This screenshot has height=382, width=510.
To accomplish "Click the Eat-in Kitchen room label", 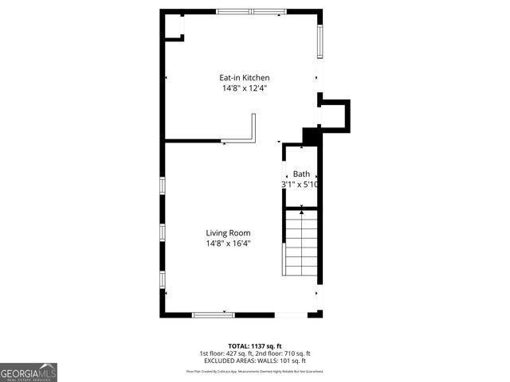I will (244, 78).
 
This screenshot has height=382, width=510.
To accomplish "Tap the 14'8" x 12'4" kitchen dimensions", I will (244, 88).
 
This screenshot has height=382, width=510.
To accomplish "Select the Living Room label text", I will (228, 233).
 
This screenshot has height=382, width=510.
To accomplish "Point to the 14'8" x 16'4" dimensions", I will (228, 244).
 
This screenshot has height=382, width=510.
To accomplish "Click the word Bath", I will (300, 173).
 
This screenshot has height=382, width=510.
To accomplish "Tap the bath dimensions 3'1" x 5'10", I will (300, 185).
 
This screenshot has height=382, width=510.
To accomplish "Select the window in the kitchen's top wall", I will (251, 12).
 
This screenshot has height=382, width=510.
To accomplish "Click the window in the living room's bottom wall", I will (214, 315).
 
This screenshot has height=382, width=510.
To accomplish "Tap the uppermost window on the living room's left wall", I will (163, 185).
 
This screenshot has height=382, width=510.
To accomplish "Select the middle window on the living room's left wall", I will (163, 232).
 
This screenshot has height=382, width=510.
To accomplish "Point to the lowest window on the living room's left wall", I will (163, 280).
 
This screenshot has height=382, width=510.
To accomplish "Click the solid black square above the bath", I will (312, 136).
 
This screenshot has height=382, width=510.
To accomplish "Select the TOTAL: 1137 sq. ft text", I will (254, 346).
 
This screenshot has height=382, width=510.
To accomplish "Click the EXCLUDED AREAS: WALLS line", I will (254, 361).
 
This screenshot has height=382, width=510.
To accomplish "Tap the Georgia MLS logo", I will (29, 372).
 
